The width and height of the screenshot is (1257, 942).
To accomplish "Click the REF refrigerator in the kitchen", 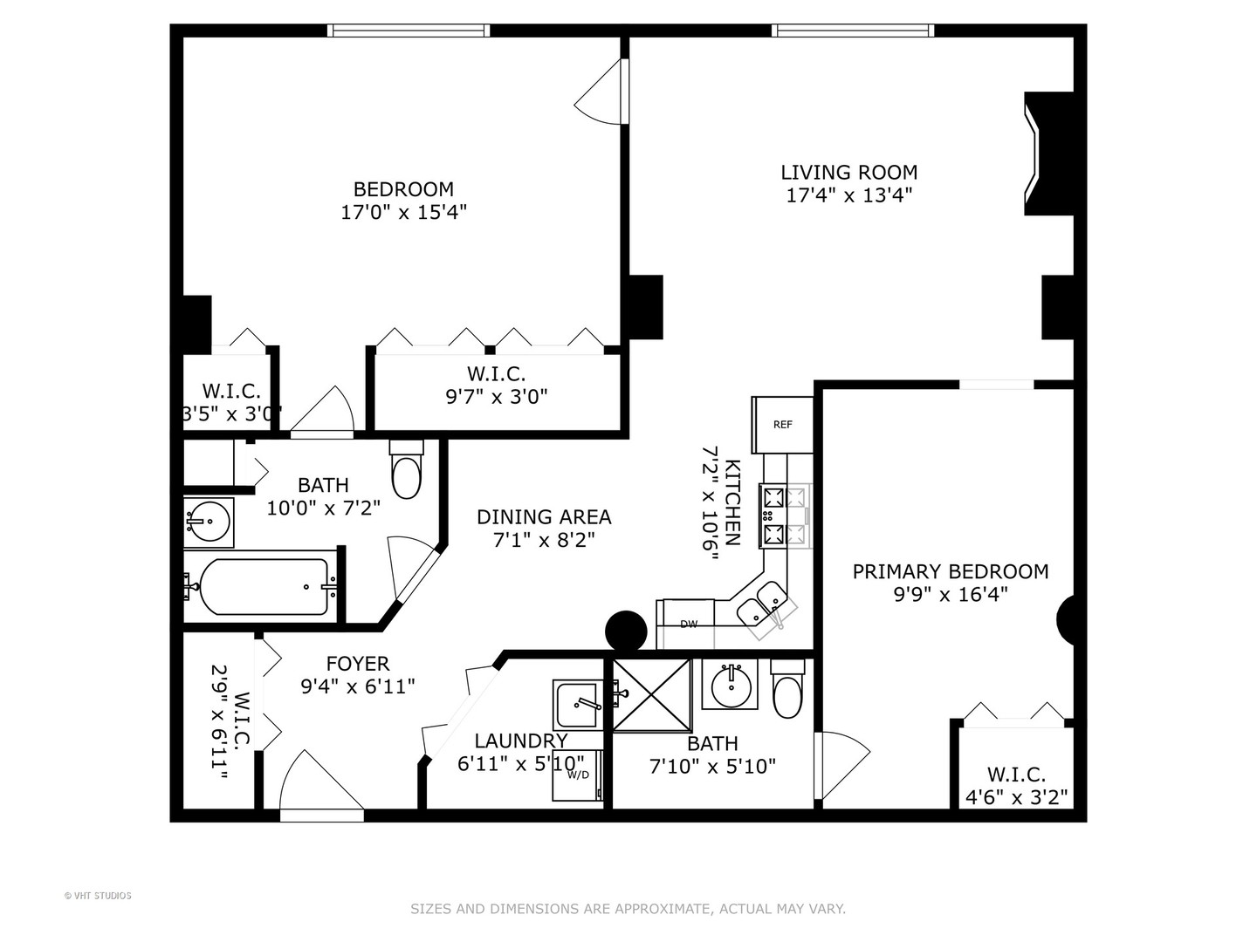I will coord(782,425).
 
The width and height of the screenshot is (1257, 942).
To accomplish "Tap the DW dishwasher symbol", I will coord(689,625).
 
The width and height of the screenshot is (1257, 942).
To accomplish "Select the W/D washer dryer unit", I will coord(578,774).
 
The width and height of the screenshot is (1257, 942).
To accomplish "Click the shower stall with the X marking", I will coord(651,695).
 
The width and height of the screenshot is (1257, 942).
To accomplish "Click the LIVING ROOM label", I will coord(848,173).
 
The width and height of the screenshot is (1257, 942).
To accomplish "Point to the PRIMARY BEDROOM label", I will coord(950,572).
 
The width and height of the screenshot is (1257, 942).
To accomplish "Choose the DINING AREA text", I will coord(544,517).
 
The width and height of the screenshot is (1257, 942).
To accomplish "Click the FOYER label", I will coord(358,664).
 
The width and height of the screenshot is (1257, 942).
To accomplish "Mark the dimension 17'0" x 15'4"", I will coord(403,212).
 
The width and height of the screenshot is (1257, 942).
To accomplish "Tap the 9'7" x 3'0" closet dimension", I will coord(496,397).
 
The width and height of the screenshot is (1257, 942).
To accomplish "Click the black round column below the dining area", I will coord(626,630).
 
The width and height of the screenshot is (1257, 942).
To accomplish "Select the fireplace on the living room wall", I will coord(1047,154).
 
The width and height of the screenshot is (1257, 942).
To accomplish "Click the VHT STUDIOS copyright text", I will coord(98,896).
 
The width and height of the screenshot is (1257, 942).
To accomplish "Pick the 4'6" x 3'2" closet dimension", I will coord(1016,797).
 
